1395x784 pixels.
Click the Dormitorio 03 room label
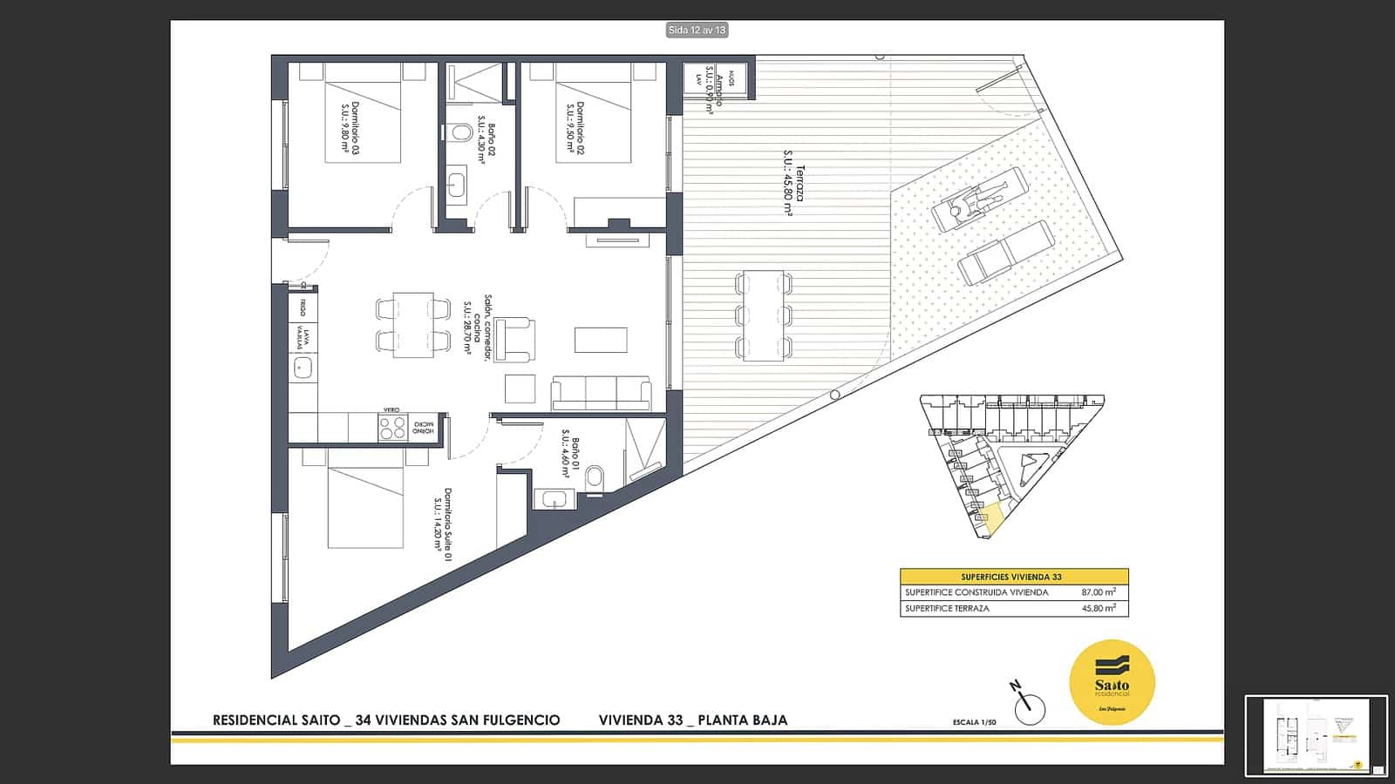[350, 128]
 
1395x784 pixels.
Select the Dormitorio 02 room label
[575, 128]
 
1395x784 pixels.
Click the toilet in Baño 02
[461, 132]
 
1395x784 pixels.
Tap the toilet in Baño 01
[595, 476]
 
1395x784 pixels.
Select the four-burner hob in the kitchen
[392, 428]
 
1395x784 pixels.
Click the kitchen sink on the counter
[303, 368]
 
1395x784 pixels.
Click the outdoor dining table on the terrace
[764, 316]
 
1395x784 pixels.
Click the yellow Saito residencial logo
[1112, 682]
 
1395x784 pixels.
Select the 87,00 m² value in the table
[1098, 592]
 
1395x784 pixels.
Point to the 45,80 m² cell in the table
[1098, 608]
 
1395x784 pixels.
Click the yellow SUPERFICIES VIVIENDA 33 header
[1014, 577]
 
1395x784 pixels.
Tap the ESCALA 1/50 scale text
[974, 722]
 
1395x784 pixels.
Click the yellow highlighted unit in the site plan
[993, 517]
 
